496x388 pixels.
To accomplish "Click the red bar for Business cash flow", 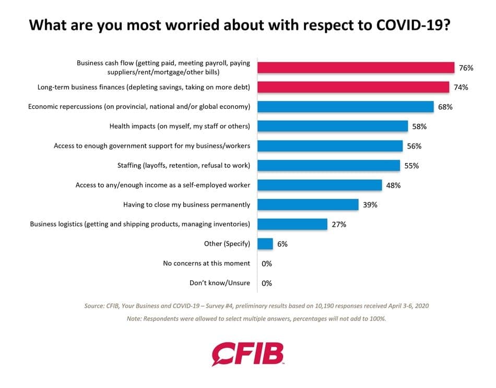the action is click(x=356, y=67).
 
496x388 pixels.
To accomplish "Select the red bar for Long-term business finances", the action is click(x=353, y=87).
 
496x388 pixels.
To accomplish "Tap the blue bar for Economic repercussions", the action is click(x=346, y=107).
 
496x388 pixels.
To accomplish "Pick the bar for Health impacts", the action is click(x=333, y=126).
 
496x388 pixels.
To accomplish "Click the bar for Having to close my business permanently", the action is click(x=308, y=204).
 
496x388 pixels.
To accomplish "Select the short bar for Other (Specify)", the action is click(x=265, y=244).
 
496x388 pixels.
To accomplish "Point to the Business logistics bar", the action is click(x=292, y=224).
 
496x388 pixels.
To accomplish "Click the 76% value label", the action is click(x=466, y=68).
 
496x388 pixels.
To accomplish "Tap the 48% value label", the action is click(x=393, y=185).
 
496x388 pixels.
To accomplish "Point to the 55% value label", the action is click(x=411, y=166).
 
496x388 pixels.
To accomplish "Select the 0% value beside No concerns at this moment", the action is click(x=267, y=264).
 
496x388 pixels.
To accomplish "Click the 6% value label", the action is click(x=282, y=244).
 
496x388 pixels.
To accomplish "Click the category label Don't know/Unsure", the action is click(x=220, y=283).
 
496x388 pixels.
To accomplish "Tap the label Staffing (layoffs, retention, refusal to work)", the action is click(x=184, y=165).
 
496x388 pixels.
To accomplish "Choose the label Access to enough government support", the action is click(x=152, y=146).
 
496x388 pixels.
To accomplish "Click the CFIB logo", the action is click(x=247, y=354).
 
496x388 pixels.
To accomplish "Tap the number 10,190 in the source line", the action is click(x=324, y=306).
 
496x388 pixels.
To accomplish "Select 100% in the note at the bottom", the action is click(x=377, y=318).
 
